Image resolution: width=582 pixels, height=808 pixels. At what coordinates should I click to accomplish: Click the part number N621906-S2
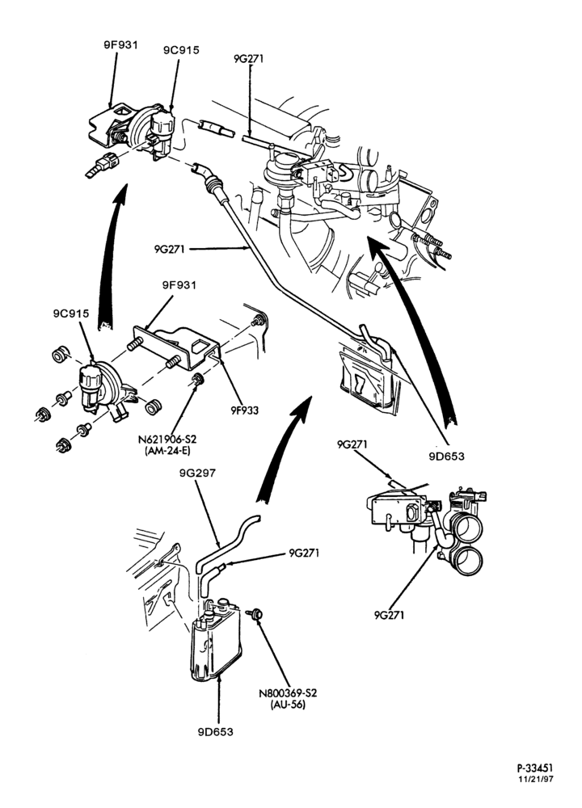coord(167,440)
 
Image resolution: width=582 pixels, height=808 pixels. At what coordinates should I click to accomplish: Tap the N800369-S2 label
coord(288,693)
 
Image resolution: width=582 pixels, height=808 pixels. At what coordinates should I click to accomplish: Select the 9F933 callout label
coord(244,410)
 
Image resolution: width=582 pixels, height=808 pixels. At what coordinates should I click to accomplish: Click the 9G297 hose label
coord(197,473)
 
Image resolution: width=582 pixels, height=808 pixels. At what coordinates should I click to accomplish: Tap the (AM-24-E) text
coord(167,452)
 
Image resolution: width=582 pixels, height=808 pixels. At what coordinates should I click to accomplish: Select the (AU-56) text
coord(288,705)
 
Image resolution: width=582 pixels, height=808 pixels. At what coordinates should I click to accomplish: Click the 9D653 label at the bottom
coord(215,732)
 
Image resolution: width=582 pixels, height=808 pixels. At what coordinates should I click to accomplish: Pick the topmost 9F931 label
coord(120,44)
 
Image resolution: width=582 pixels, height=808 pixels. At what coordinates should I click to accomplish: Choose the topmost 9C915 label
coord(181,50)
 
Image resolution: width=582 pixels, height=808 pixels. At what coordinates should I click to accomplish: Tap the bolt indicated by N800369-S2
coord(255,614)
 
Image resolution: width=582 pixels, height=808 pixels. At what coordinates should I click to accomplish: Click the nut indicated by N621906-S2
coord(196,381)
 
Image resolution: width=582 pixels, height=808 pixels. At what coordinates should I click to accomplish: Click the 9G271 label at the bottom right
coord(390,615)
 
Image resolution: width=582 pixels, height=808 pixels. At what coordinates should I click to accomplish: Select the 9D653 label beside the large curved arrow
coord(446,456)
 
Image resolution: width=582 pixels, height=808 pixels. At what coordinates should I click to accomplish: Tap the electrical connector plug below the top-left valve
coord(103,165)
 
